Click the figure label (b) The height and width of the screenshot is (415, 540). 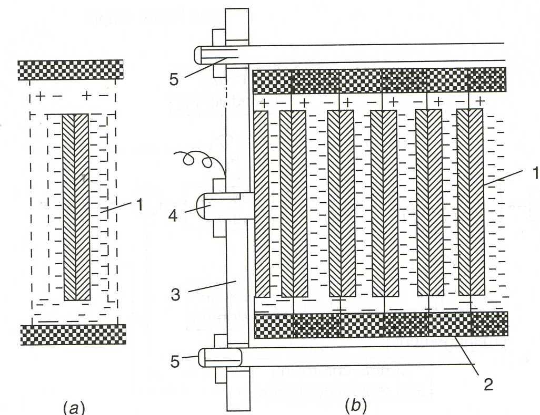point(356,406)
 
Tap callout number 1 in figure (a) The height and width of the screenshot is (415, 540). point(139,205)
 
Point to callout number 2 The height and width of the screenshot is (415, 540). point(488,385)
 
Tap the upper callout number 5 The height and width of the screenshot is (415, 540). point(174,79)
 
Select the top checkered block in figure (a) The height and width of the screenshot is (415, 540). point(71,70)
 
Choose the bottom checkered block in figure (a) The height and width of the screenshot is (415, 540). point(73,334)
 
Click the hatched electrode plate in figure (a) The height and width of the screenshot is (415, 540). point(76,207)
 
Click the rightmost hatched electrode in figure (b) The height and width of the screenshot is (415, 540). point(470,202)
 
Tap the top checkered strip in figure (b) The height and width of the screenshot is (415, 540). point(379,81)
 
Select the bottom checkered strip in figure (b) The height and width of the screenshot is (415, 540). point(381,324)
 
